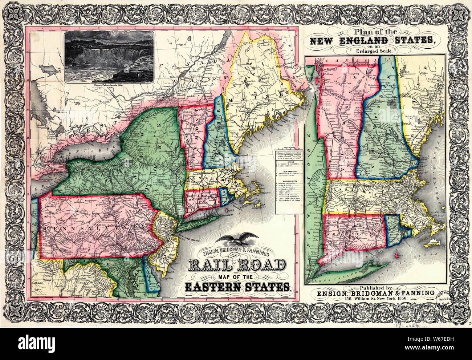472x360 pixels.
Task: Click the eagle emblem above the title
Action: coord(239,239)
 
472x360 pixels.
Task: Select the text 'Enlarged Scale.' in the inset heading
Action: coord(379,51)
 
